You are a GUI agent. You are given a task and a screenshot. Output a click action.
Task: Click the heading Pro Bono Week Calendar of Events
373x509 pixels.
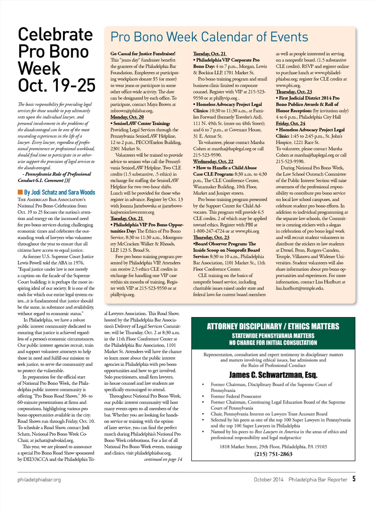[209, 37]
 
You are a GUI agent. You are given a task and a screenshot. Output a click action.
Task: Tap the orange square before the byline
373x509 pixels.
[20, 192]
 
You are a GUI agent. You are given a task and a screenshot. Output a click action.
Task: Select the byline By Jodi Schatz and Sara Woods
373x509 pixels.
[59, 192]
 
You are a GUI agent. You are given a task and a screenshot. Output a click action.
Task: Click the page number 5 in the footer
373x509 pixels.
[354, 479]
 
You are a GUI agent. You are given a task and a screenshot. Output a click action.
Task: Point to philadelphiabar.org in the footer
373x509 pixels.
[39, 479]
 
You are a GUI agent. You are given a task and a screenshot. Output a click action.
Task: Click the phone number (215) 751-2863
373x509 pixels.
[273, 454]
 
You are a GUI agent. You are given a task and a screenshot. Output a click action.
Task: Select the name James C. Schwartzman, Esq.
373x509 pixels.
[273, 375]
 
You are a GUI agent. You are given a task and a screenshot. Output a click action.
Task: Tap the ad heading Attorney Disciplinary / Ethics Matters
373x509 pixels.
[273, 326]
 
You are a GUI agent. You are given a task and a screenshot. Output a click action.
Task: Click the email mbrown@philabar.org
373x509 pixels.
[131, 111]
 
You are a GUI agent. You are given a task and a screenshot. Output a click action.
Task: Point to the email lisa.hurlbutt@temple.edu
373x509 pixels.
[300, 288]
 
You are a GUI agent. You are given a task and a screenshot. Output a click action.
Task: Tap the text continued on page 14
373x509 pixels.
[163, 459]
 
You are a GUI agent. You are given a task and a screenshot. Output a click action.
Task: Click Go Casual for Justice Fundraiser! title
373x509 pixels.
[143, 54]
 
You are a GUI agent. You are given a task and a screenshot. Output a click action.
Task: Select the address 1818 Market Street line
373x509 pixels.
[273, 447]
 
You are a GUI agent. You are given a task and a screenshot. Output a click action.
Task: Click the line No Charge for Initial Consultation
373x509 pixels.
[273, 343]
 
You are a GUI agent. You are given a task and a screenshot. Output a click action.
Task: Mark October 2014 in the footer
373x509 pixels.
[268, 479]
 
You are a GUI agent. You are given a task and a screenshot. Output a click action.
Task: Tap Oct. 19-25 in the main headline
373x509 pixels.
[56, 86]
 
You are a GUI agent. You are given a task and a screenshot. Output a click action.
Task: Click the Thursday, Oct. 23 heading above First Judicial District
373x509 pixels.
[294, 92]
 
